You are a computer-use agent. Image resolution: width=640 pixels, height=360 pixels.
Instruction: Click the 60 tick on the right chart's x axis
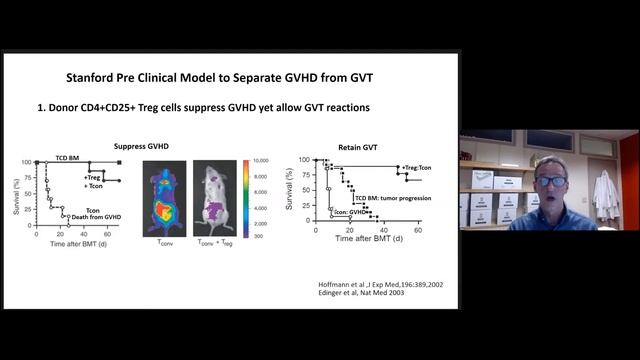click(416, 233)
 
